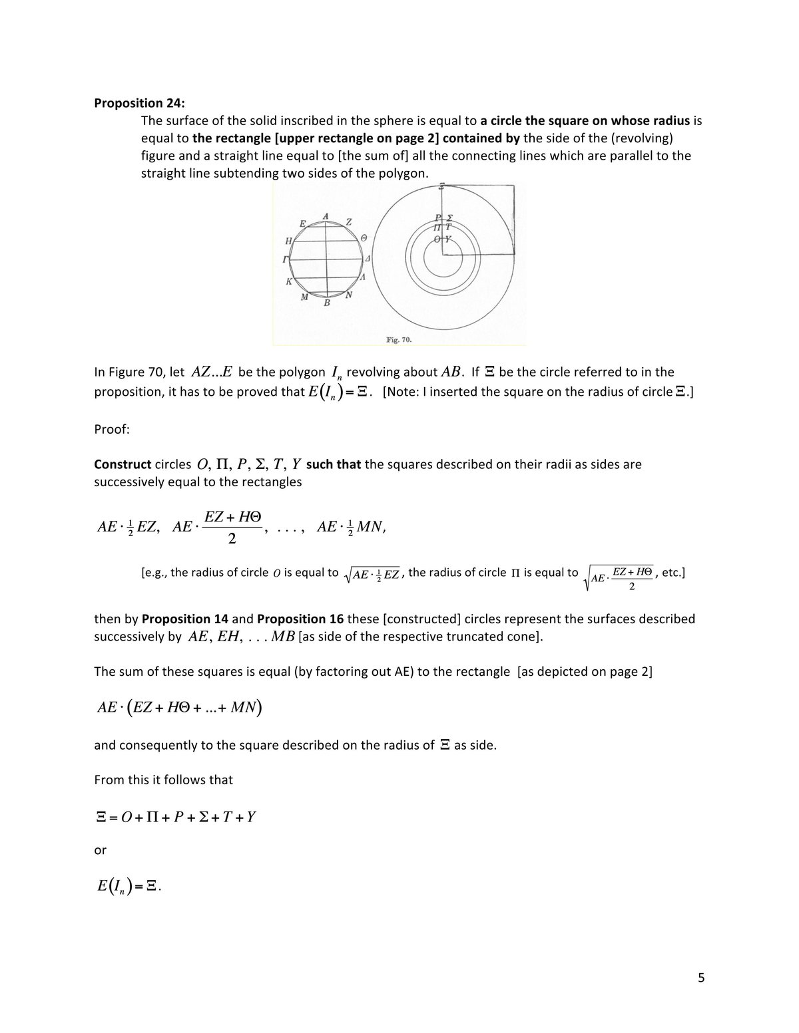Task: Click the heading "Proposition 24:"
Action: tap(140, 103)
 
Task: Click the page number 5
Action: tap(701, 978)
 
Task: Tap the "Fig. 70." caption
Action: tap(399, 340)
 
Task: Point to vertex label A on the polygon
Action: tap(326, 216)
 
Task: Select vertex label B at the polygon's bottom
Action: tap(327, 303)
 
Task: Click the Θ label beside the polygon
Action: tap(364, 237)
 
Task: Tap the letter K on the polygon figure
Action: tap(289, 281)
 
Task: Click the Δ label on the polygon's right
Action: tap(368, 257)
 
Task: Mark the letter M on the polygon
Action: tap(304, 297)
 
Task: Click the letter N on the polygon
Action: tap(349, 295)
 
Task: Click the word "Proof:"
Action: tap(112, 429)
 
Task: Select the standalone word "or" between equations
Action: tap(100, 850)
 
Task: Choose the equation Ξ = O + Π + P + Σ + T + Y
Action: tap(176, 816)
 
